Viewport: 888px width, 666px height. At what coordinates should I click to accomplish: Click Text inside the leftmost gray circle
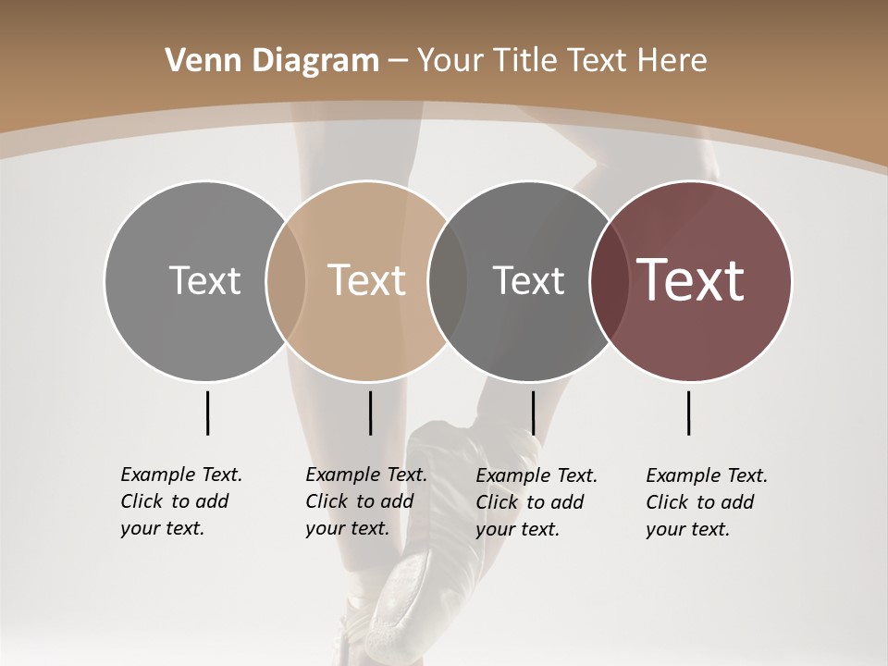pos(204,280)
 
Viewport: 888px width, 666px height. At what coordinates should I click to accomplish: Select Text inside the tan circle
pos(366,280)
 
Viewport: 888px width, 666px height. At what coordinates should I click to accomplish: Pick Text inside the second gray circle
pos(528,280)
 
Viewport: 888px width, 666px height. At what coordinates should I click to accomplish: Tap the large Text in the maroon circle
pos(691,280)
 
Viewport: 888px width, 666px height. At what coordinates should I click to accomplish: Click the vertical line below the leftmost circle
pos(207,413)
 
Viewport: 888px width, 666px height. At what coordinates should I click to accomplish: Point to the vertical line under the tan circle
pos(370,413)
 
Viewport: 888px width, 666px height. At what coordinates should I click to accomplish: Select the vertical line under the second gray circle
pos(533,413)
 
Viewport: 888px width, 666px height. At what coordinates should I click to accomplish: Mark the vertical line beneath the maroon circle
pos(688,413)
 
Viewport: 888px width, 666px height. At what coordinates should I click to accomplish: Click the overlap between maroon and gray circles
pos(607,280)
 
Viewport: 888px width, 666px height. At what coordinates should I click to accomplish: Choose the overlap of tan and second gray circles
pos(447,280)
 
